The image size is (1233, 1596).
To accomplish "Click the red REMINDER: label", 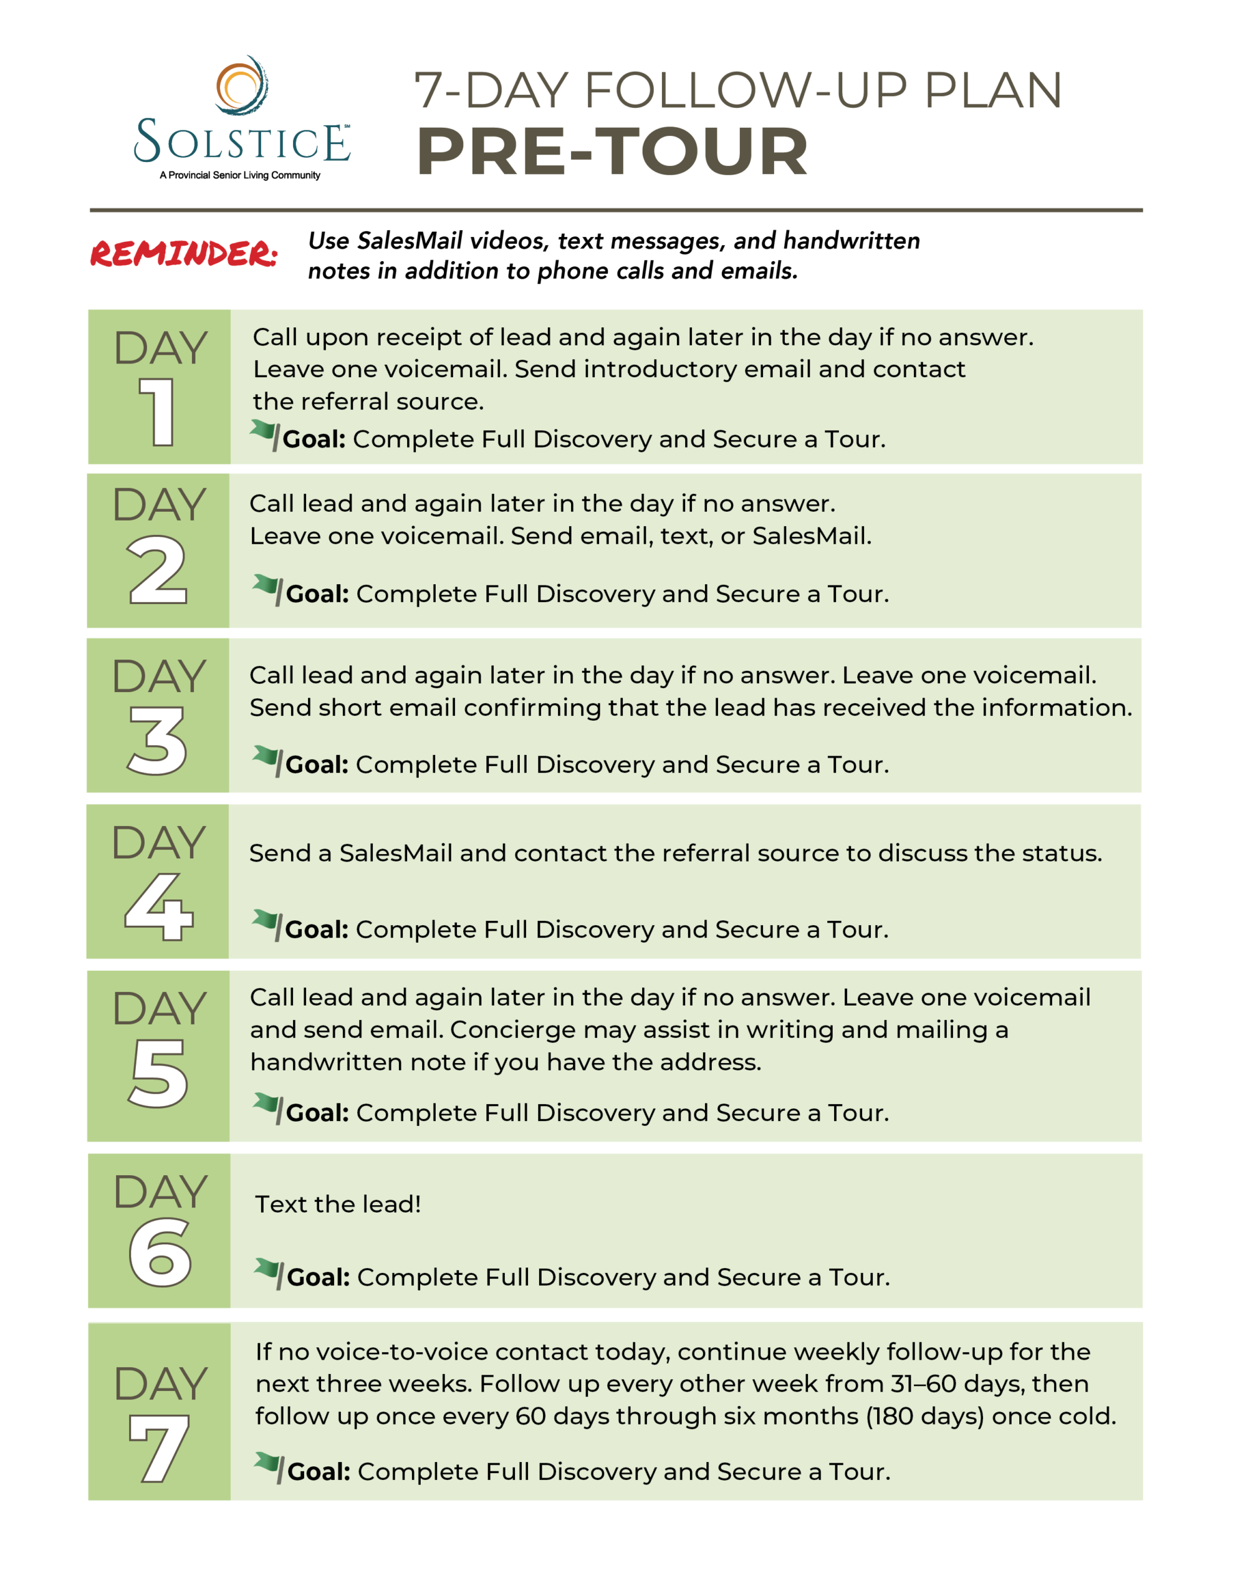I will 183,254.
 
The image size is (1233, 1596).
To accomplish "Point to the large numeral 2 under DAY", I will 157,570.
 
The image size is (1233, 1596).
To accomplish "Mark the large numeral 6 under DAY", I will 160,1252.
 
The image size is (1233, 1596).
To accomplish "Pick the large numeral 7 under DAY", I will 160,1447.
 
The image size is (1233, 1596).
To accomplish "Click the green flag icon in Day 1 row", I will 264,433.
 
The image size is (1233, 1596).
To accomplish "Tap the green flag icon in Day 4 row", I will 267,924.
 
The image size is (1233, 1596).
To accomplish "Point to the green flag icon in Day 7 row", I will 269,1466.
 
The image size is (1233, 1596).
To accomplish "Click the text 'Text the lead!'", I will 338,1204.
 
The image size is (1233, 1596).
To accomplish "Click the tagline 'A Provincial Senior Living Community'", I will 240,175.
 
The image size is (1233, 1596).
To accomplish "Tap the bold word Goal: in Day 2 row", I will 317,594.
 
